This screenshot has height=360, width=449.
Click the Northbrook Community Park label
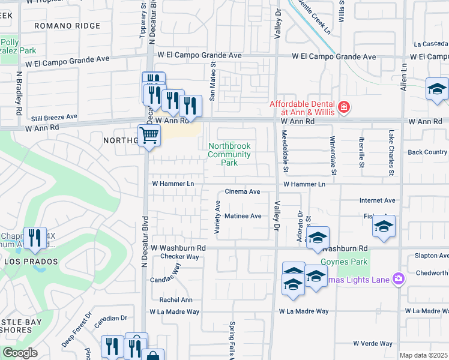coord(229,154)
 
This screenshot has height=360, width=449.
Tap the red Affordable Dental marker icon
coord(343,107)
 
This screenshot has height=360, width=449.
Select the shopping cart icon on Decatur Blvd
coord(149,135)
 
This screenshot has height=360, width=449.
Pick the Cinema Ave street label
coord(242,192)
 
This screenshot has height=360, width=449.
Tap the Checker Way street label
coord(179,257)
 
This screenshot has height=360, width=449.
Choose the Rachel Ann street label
coord(176,300)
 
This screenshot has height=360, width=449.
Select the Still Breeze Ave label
coord(55,117)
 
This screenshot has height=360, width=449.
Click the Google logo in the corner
coord(20,353)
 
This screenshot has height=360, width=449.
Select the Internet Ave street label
coord(378,200)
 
